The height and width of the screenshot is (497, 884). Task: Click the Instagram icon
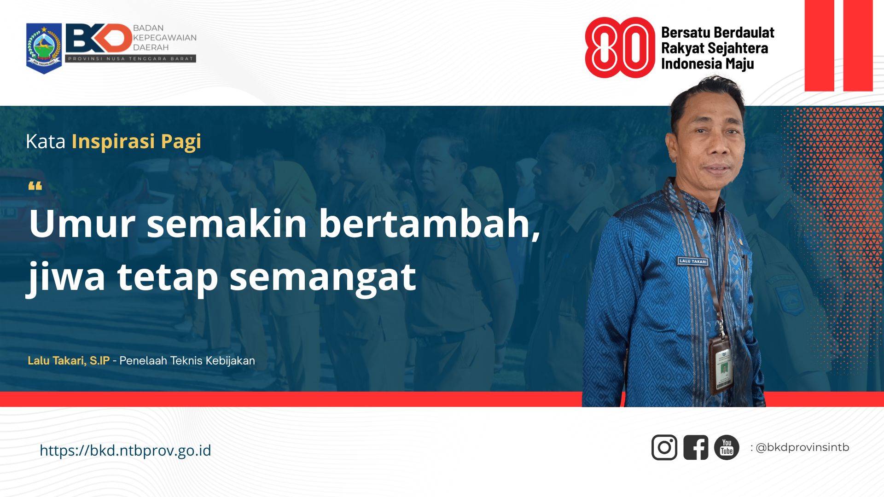pyautogui.click(x=664, y=447)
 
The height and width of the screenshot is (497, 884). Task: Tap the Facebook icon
pyautogui.click(x=695, y=447)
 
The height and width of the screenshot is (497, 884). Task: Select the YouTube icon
pyautogui.click(x=727, y=447)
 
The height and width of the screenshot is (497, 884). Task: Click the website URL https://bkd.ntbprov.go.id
pyautogui.click(x=125, y=450)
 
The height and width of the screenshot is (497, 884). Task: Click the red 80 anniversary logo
pyautogui.click(x=619, y=47)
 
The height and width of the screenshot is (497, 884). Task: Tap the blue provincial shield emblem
pyautogui.click(x=44, y=48)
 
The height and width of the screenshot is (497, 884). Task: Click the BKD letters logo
pyautogui.click(x=99, y=38)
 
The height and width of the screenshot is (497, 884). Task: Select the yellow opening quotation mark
pyautogui.click(x=35, y=186)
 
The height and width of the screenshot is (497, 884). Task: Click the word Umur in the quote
pyautogui.click(x=82, y=224)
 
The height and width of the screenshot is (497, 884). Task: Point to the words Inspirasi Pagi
pyautogui.click(x=136, y=142)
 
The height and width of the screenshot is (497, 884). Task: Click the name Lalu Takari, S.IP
pyautogui.click(x=69, y=361)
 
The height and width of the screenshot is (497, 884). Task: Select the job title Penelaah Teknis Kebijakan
pyautogui.click(x=187, y=361)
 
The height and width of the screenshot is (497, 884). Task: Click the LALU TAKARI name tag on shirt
pyautogui.click(x=692, y=261)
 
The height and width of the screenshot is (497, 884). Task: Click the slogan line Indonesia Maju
pyautogui.click(x=707, y=64)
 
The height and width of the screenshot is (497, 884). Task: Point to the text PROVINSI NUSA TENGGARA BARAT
pyautogui.click(x=131, y=59)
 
